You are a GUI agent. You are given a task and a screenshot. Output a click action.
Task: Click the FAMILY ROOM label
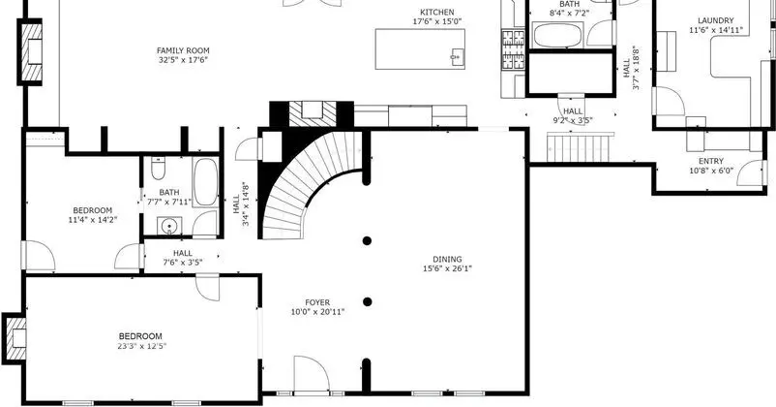coord(183,50)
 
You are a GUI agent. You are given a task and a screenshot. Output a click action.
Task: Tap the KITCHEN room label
coord(437,13)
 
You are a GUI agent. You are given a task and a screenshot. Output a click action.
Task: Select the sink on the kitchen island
coord(456,56)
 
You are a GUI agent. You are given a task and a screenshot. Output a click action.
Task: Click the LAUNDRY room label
coord(716,20)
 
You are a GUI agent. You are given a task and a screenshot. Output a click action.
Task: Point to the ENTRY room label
coord(711,161)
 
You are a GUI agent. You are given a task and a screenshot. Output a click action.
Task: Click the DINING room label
coord(447,260)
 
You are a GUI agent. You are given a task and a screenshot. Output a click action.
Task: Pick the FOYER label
coord(317,302)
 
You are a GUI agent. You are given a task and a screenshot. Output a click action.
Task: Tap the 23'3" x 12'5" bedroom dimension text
coord(142,346)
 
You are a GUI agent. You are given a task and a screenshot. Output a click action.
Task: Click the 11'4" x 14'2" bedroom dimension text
coord(93,220)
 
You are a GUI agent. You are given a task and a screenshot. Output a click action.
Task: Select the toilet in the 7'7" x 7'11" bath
coord(158,169)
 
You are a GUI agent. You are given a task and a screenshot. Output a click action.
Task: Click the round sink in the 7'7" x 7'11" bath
coord(168,227)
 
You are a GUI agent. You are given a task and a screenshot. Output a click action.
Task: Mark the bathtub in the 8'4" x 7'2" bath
coord(559,35)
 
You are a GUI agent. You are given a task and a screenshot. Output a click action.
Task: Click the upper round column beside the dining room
coord(367,241)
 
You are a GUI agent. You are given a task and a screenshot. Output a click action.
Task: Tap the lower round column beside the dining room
coord(368,302)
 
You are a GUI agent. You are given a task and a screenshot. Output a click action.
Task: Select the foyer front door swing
coord(312,375)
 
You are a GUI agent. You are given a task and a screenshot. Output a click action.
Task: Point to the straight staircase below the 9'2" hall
coord(579,147)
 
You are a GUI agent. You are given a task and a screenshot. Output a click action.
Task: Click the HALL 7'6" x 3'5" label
coord(183,258)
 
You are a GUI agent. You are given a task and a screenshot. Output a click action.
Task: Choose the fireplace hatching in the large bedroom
coord(15,339)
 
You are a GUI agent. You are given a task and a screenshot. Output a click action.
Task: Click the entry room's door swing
coord(751,173)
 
